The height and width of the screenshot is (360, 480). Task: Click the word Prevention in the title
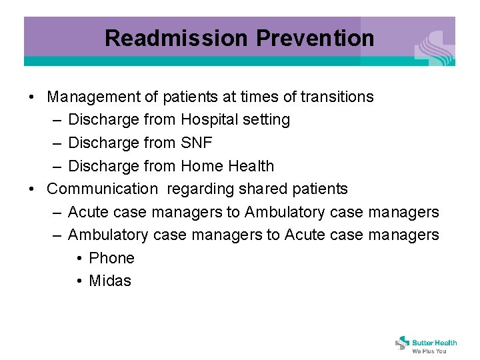coord(315,38)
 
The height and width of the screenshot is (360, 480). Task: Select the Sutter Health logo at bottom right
coord(426,343)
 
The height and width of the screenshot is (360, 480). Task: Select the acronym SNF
coord(197,143)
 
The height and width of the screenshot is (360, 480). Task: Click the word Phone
coord(111,258)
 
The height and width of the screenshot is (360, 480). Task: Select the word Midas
coord(110,281)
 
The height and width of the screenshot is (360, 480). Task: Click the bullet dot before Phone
coord(79,259)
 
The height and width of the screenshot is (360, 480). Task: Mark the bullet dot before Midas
coord(79,281)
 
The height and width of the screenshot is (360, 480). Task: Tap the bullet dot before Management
coord(33,97)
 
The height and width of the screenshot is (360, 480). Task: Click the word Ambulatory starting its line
coord(108,235)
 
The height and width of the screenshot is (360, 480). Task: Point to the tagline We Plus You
coord(429,351)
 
